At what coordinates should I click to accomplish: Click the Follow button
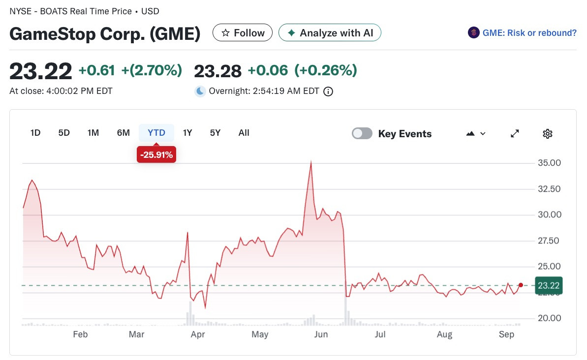point(242,33)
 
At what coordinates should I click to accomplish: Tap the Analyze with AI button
point(330,33)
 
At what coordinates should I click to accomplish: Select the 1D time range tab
point(35,133)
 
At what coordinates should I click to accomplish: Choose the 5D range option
point(64,133)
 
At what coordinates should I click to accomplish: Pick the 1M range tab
point(93,133)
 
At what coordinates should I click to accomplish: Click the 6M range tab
point(123,133)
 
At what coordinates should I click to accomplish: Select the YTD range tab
point(156,133)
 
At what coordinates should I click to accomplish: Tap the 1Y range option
point(187,133)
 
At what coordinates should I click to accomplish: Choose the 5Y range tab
point(215,133)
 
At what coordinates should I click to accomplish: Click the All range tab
point(244,133)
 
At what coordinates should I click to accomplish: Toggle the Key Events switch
point(362,134)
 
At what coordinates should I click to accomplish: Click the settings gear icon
point(547,134)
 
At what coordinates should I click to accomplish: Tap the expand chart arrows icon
point(515,134)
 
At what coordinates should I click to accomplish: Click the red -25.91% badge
point(156,154)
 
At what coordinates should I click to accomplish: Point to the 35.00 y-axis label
point(549,163)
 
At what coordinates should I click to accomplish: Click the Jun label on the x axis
point(321,334)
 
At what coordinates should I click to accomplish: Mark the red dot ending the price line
point(521,285)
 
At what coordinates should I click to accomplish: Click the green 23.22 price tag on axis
point(549,286)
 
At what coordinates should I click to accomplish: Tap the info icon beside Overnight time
point(328,91)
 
